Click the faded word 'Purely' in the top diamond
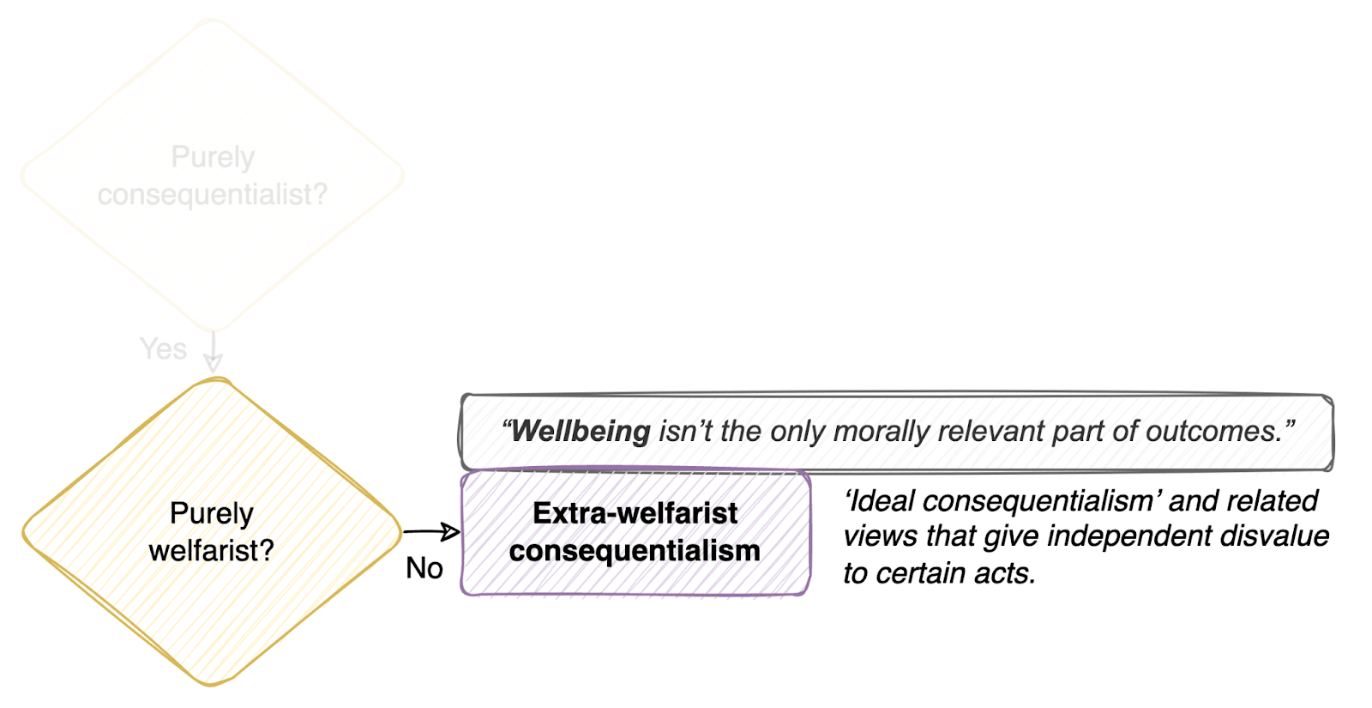[x=213, y=157]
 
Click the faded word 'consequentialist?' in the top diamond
[x=213, y=195]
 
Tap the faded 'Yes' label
[x=163, y=349]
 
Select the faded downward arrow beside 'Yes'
[x=213, y=352]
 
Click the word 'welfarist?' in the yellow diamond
[x=211, y=550]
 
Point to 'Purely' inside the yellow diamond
[x=211, y=513]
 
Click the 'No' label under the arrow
[x=424, y=568]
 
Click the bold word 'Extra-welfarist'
[x=635, y=513]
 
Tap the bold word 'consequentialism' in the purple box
[x=635, y=551]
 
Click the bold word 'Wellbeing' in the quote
[x=581, y=431]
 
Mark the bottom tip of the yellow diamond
[x=211, y=684]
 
